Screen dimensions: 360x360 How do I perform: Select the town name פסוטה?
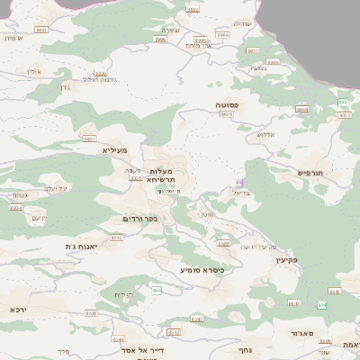(x=226, y=105)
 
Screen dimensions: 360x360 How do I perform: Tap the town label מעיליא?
(x=115, y=149)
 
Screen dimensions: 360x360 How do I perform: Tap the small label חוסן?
(x=208, y=213)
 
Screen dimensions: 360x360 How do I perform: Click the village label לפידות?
(x=123, y=295)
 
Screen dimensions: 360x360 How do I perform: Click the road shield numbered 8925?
(x=226, y=115)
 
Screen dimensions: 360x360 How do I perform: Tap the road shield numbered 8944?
(x=301, y=109)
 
